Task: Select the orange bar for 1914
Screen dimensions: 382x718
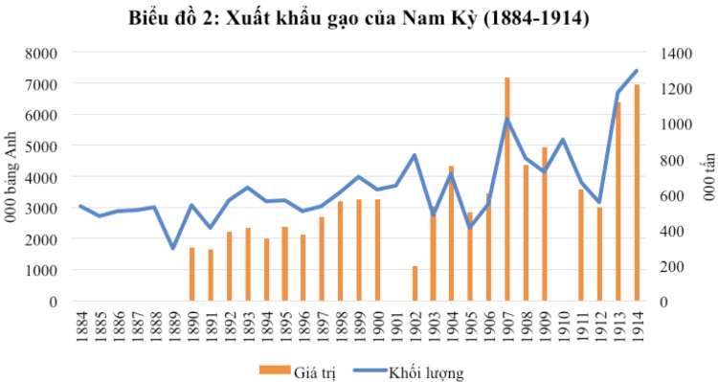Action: pyautogui.click(x=637, y=192)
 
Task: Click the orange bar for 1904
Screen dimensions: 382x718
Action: pyautogui.click(x=452, y=234)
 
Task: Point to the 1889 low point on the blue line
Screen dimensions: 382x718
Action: pyautogui.click(x=173, y=248)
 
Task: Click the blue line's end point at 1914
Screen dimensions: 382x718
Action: pyautogui.click(x=637, y=71)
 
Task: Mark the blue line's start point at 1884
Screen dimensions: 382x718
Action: pyautogui.click(x=80, y=206)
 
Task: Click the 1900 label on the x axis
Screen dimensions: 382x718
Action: pyautogui.click(x=377, y=326)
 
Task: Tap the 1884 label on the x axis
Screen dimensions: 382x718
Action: pyautogui.click(x=80, y=326)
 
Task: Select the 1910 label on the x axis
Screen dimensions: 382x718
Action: pyautogui.click(x=563, y=326)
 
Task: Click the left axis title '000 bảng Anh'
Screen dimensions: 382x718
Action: pyautogui.click(x=14, y=177)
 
